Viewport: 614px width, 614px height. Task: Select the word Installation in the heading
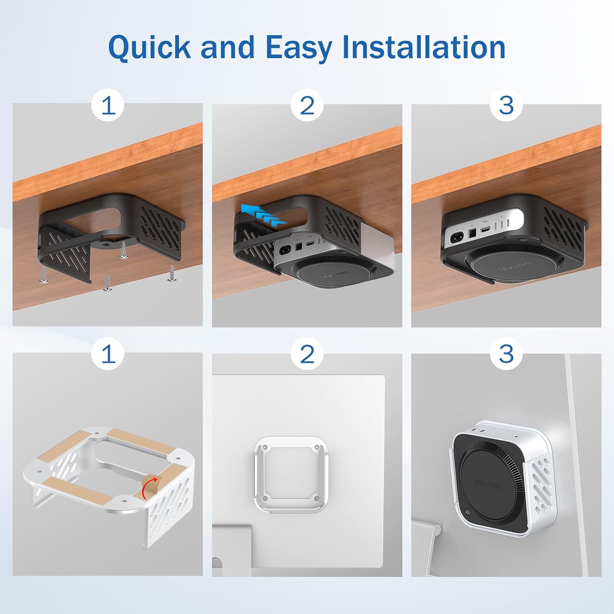click(424, 47)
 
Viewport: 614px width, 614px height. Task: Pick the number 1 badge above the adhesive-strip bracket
click(108, 354)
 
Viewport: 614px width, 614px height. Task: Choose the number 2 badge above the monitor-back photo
click(307, 354)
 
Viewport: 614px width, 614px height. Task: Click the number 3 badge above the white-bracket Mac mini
click(506, 354)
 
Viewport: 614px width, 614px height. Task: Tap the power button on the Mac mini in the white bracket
click(467, 512)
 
